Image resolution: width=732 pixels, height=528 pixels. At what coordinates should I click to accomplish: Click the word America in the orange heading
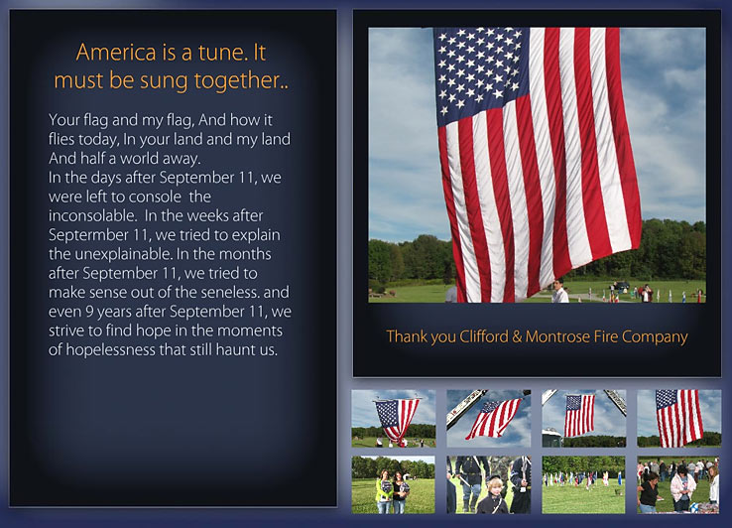pyautogui.click(x=116, y=52)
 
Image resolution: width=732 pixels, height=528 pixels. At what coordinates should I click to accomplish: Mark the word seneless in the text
pyautogui.click(x=223, y=293)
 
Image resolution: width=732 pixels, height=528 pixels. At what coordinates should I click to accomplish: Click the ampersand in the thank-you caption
pyautogui.click(x=517, y=336)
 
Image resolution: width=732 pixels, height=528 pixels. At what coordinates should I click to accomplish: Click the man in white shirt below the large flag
pyautogui.click(x=559, y=292)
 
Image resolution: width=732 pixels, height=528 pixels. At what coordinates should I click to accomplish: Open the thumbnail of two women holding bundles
pyautogui.click(x=393, y=485)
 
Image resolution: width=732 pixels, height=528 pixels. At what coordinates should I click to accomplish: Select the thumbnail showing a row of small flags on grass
pyautogui.click(x=583, y=485)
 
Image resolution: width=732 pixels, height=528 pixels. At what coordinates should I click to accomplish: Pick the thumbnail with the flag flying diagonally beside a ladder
pyautogui.click(x=488, y=419)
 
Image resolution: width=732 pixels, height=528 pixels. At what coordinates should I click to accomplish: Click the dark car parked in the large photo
pyautogui.click(x=621, y=286)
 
